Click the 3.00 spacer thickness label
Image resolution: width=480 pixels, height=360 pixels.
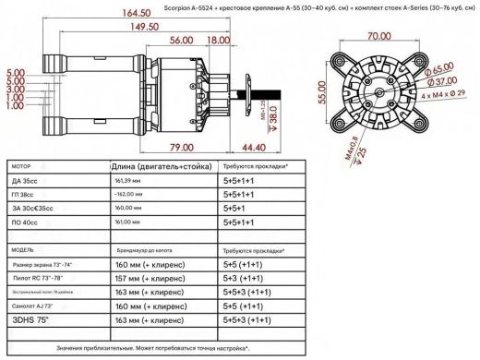[x=16, y=90]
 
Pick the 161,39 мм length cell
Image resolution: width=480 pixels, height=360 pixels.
[x=128, y=183]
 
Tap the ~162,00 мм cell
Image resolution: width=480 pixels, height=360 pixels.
[x=128, y=197]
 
